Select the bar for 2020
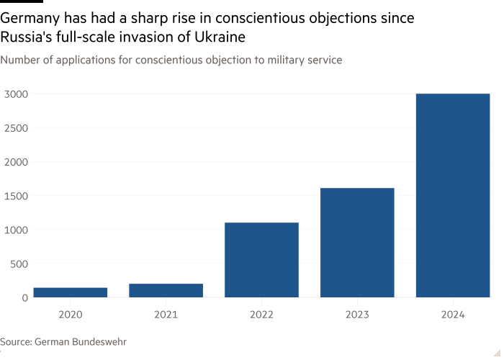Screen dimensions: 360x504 [71, 292]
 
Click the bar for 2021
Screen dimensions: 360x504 [166, 290]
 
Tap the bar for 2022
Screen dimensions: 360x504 [261, 260]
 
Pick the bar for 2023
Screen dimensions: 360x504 [357, 243]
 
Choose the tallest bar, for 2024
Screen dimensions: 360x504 [453, 195]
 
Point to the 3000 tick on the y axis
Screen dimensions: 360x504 [15, 94]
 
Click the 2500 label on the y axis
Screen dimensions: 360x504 [15, 128]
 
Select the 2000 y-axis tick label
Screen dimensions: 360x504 [15, 162]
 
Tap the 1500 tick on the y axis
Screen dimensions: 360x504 [15, 196]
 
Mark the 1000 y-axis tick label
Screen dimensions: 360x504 [15, 230]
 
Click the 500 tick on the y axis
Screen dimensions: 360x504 [18, 264]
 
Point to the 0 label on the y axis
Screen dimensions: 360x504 [24, 297]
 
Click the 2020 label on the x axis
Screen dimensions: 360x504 [71, 314]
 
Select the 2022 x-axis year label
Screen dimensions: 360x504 [261, 314]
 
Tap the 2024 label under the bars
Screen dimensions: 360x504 [453, 314]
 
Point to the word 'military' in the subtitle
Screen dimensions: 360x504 [274, 60]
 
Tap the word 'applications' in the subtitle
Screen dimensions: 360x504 [78, 60]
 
